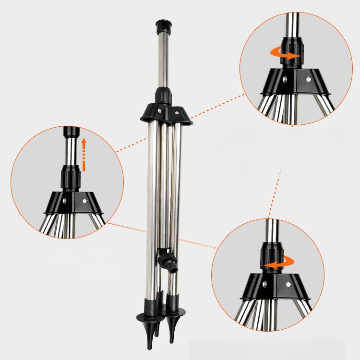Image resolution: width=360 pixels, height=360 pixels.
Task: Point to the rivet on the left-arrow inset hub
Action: [x=288, y=285]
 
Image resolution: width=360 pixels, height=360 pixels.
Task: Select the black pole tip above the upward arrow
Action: [x=71, y=132]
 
